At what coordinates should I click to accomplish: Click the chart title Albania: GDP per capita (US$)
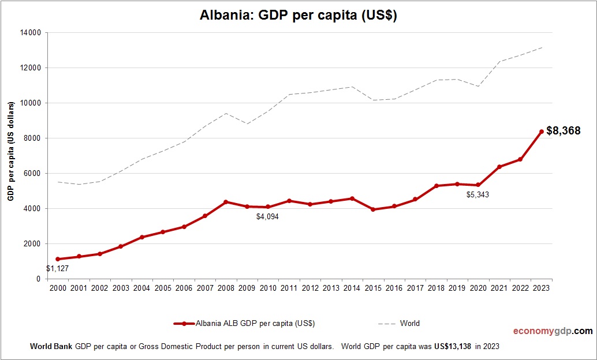click(x=298, y=16)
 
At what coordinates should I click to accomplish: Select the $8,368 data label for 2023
click(x=563, y=130)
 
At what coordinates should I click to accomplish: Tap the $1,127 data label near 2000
click(x=58, y=268)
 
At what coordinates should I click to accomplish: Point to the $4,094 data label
click(x=268, y=217)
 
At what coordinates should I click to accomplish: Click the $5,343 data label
click(x=478, y=195)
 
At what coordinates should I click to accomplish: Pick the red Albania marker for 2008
click(x=226, y=202)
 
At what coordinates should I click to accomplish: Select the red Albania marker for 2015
click(x=373, y=209)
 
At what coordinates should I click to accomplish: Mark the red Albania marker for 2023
click(x=542, y=132)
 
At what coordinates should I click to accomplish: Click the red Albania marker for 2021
click(x=499, y=167)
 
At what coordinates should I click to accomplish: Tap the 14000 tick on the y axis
click(x=31, y=33)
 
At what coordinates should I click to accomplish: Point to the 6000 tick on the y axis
click(x=32, y=174)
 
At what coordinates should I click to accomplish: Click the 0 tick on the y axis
click(x=38, y=279)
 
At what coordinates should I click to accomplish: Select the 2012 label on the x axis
click(x=310, y=288)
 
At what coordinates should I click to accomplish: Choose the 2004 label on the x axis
click(x=141, y=288)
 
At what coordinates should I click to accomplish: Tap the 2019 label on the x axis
click(x=457, y=288)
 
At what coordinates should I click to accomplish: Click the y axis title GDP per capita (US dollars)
click(x=11, y=152)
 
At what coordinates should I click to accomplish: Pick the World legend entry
click(x=399, y=324)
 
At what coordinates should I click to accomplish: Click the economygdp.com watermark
click(x=553, y=331)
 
